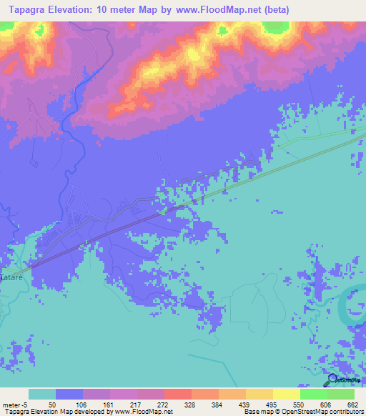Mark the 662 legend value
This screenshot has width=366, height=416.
[x=352, y=404]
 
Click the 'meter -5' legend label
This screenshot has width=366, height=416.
[x=16, y=404]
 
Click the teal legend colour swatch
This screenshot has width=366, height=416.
[x=42, y=394]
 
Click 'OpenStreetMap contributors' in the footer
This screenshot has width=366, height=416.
[x=325, y=412]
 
